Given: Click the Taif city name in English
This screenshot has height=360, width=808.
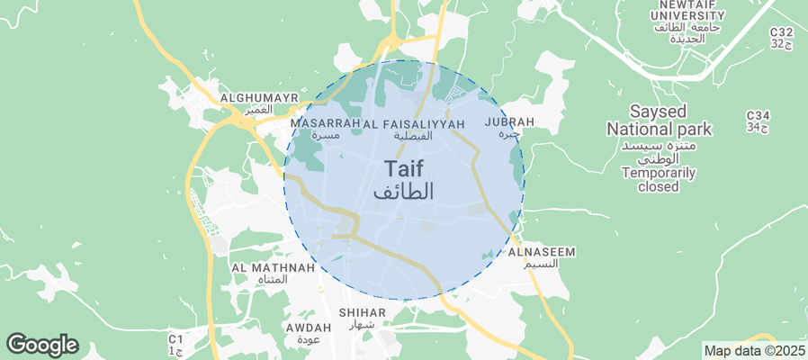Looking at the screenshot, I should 404,168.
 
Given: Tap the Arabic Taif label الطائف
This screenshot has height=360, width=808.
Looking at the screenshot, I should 404,191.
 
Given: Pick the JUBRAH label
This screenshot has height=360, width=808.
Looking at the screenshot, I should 509,121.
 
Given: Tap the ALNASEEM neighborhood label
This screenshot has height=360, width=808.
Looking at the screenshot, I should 542,252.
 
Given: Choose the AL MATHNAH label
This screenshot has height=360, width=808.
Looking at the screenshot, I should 273,267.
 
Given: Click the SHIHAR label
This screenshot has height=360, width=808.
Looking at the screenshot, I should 362,312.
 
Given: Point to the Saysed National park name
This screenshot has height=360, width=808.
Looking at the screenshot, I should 659,121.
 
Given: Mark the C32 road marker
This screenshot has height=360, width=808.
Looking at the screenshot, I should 781,32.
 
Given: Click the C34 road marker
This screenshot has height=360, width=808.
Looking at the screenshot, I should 759,116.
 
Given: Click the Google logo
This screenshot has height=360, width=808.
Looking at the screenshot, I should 41,344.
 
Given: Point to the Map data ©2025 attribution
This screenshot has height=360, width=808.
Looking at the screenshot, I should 754,351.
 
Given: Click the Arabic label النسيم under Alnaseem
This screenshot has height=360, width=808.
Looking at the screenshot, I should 542,264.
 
